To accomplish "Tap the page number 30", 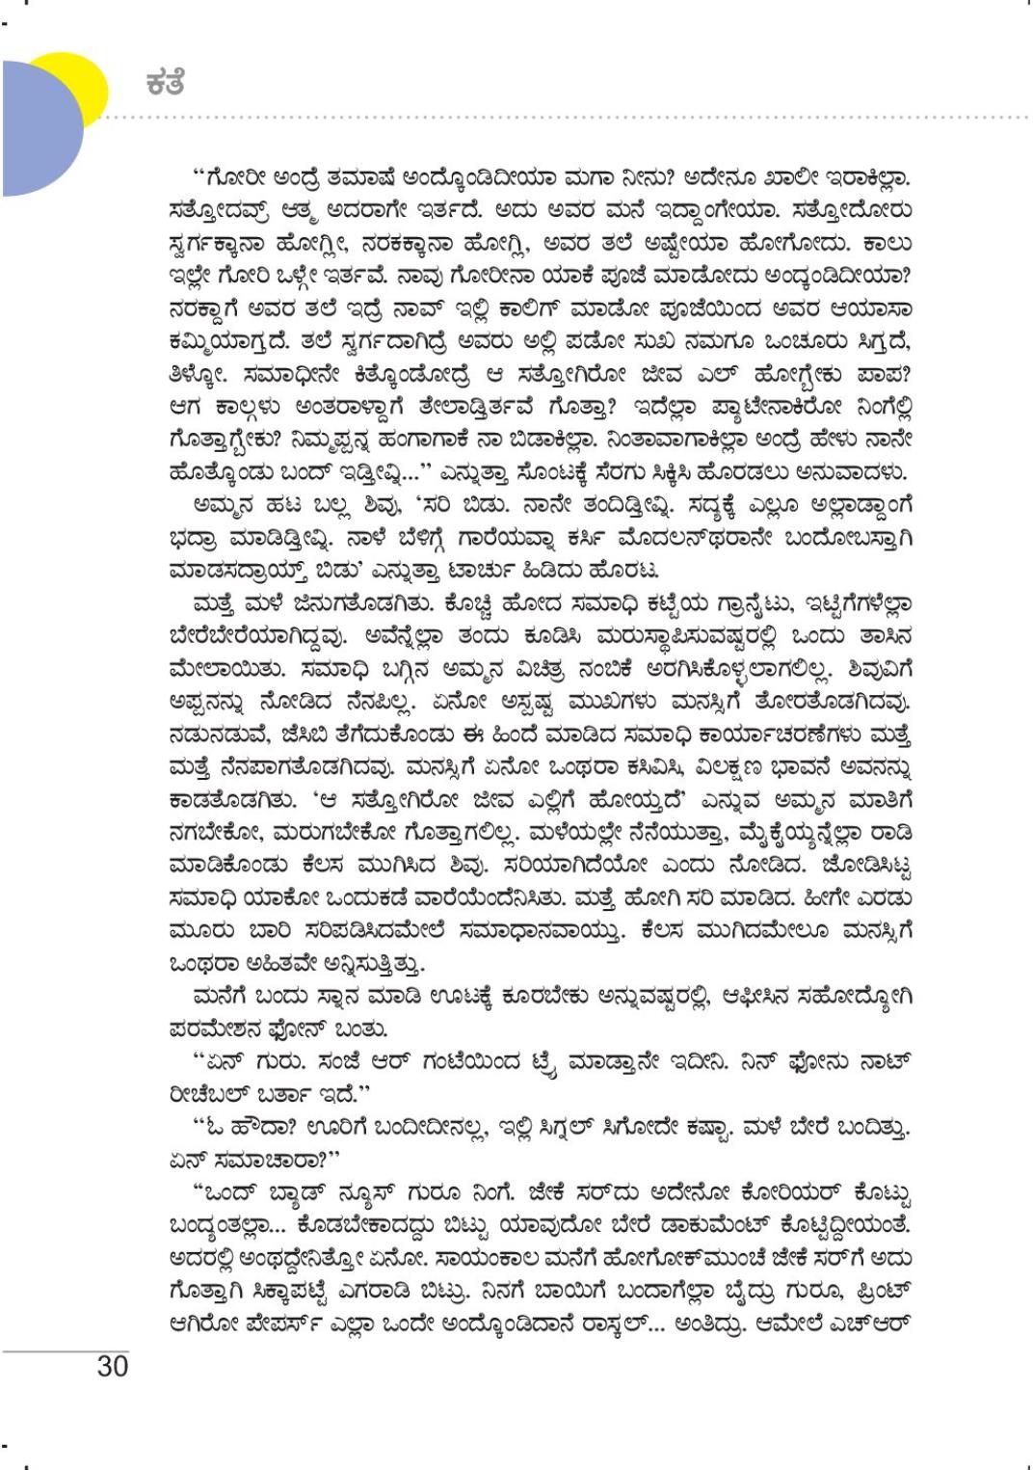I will pyautogui.click(x=112, y=1366).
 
